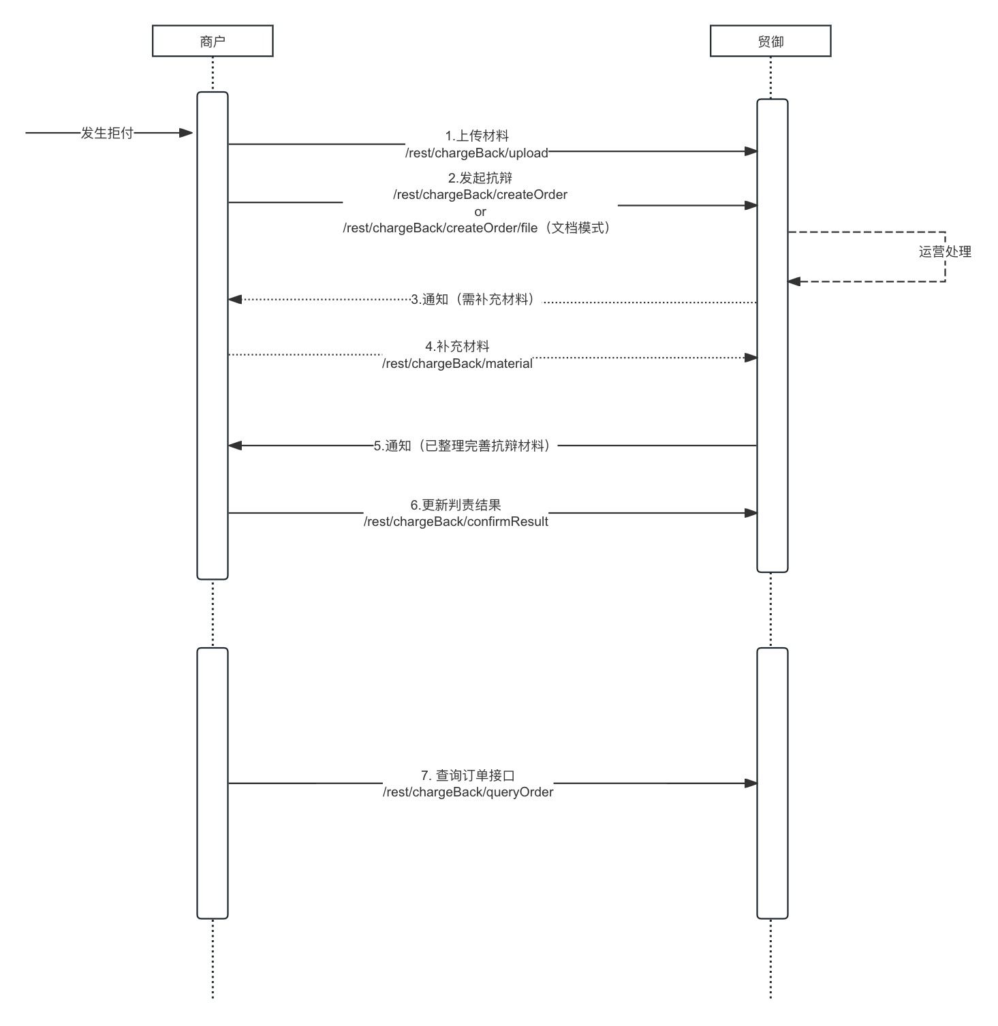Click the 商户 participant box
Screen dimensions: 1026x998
coord(213,41)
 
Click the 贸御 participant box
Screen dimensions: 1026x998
coord(770,41)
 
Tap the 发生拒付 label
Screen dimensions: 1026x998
coord(107,133)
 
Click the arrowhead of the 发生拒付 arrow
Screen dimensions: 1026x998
coord(186,133)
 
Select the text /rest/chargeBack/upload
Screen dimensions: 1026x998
coord(476,153)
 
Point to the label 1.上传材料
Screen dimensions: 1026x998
coord(476,136)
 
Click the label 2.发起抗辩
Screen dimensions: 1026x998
coord(480,178)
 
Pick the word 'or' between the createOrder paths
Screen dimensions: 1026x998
coord(480,211)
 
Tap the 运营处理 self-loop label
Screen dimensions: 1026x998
coord(944,251)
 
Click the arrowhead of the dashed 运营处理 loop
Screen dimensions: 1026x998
coord(794,281)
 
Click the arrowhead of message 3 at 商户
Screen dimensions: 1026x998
coord(235,299)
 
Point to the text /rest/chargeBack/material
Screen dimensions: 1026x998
coord(457,363)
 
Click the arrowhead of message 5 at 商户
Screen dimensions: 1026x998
coord(235,446)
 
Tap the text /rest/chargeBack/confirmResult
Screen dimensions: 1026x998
coord(456,521)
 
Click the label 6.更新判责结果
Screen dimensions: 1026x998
coord(456,505)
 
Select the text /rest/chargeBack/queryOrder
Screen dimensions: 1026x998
coord(467,792)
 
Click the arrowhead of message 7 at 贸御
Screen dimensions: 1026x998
coord(751,783)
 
